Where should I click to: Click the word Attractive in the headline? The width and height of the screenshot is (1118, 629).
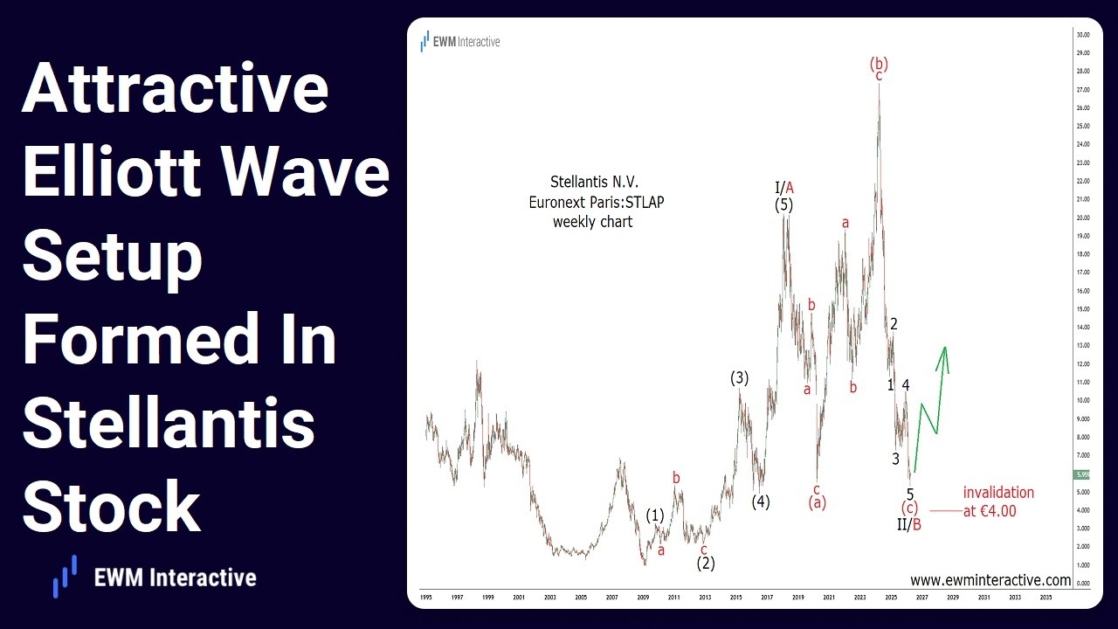tap(175, 90)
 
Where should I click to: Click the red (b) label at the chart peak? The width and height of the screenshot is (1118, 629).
tap(879, 63)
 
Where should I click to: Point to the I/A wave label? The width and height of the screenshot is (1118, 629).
tap(783, 187)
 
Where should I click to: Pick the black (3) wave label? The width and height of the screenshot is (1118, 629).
tap(740, 377)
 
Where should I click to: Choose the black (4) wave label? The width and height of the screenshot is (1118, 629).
tap(761, 501)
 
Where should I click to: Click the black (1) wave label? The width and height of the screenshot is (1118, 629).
tap(655, 515)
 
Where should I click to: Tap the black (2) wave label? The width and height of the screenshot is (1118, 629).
tap(706, 563)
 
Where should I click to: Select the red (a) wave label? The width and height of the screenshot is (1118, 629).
tap(816, 502)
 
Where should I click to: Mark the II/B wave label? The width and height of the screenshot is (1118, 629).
tap(909, 524)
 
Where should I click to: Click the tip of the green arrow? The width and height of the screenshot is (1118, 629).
tap(944, 349)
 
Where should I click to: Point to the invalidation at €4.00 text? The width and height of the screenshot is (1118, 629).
tap(997, 502)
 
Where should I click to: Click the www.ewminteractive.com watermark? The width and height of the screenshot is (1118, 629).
tap(990, 580)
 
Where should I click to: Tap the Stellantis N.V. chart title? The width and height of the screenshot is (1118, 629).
tap(594, 183)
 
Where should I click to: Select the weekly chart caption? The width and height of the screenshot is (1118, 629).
tap(592, 222)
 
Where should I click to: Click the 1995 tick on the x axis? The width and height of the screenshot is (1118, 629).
tap(426, 598)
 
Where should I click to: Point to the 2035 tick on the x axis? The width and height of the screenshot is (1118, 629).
tap(1046, 598)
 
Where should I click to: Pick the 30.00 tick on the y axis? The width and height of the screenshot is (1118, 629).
tap(1082, 35)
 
